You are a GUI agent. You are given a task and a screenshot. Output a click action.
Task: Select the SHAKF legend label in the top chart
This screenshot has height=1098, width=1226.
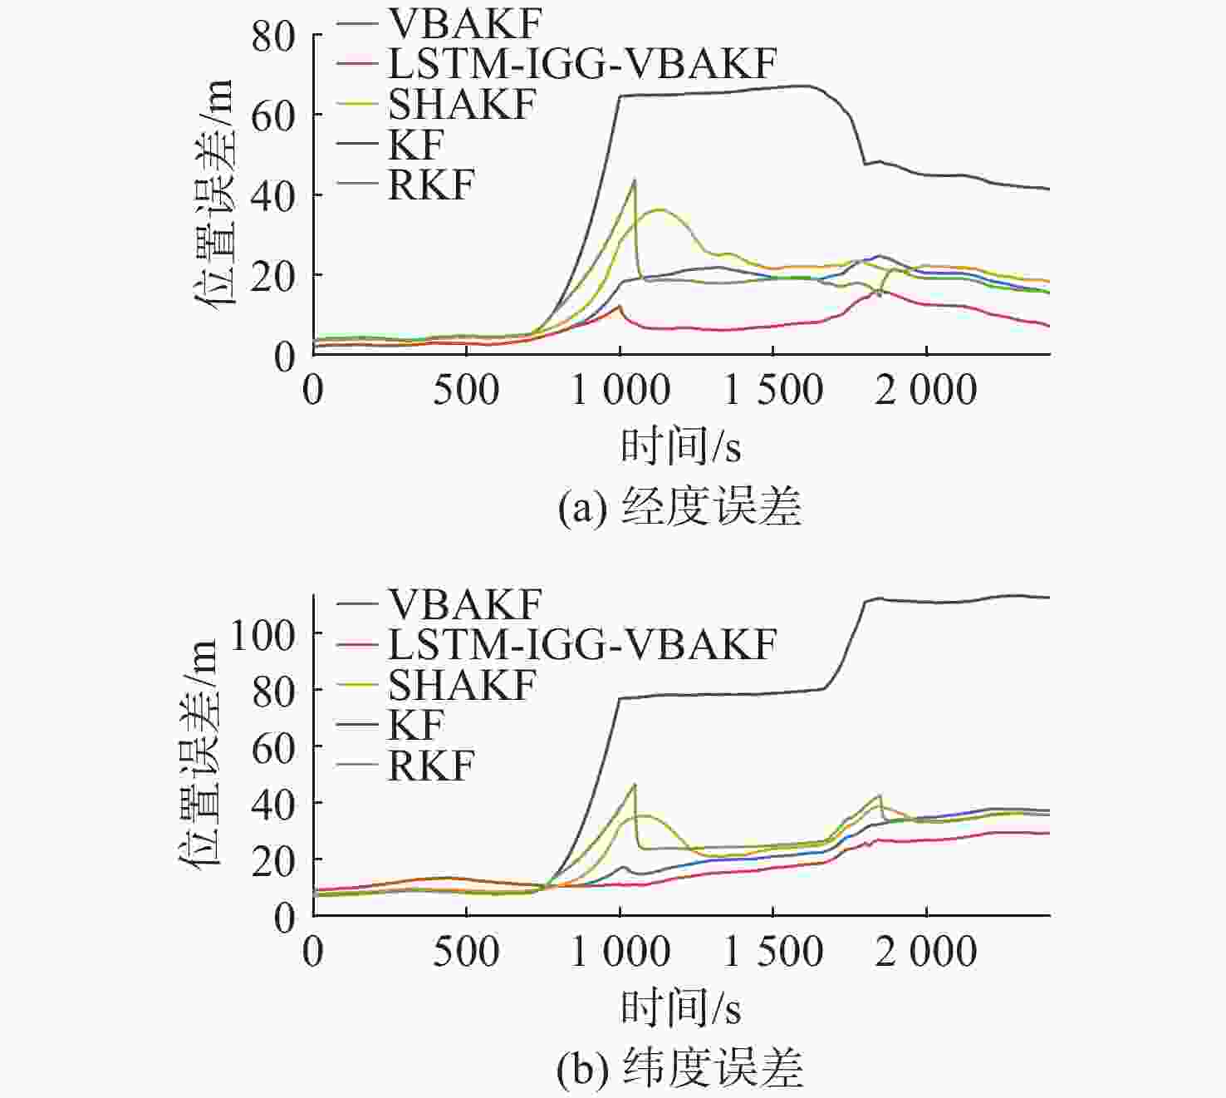click(x=462, y=104)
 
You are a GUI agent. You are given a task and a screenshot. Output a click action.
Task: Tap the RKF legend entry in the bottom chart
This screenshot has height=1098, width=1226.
click(x=430, y=766)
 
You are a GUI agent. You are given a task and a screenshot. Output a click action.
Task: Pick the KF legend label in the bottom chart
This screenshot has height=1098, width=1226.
click(x=416, y=725)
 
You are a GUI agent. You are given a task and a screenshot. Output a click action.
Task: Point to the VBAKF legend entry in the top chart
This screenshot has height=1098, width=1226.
click(x=464, y=23)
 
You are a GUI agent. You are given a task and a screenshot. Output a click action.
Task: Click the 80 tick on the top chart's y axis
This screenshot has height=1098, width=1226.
click(x=273, y=36)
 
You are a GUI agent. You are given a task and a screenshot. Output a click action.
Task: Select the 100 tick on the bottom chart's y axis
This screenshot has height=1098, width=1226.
click(x=262, y=636)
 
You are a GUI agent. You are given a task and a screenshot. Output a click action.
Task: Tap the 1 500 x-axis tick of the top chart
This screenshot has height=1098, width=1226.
click(x=773, y=390)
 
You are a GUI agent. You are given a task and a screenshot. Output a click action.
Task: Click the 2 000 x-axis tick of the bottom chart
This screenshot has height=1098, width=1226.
click(x=925, y=952)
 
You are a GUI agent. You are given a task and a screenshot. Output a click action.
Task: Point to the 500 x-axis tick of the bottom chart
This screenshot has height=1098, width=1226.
click(x=466, y=952)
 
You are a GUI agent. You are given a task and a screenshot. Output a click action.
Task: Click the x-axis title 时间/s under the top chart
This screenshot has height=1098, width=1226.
click(x=680, y=446)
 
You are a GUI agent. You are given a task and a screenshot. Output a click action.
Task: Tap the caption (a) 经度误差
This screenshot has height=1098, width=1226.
click(x=679, y=505)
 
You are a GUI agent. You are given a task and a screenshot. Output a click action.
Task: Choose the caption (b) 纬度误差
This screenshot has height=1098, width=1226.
click(x=679, y=1068)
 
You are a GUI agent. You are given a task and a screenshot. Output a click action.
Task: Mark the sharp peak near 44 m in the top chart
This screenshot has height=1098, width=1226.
click(x=635, y=180)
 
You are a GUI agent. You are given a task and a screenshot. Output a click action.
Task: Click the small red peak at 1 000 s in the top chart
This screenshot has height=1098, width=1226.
click(x=620, y=306)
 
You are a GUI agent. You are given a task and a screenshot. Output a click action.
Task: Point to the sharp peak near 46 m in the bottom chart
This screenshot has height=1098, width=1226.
click(x=635, y=784)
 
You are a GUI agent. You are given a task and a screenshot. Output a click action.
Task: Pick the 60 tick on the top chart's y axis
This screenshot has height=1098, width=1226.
click(x=273, y=116)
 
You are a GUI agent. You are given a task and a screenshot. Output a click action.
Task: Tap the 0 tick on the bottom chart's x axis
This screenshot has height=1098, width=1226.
click(x=313, y=952)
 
